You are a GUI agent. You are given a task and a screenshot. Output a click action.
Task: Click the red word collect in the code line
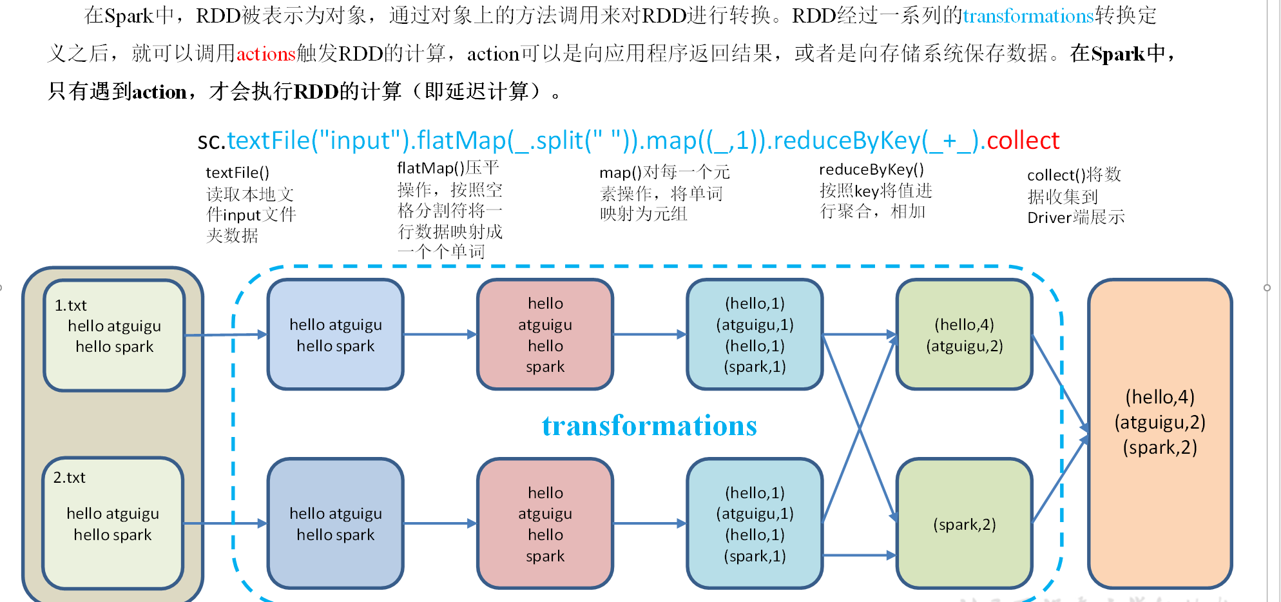point(1023,141)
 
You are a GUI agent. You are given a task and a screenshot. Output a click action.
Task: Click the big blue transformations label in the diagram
point(649,426)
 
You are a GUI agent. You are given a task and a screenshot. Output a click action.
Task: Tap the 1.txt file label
point(70,306)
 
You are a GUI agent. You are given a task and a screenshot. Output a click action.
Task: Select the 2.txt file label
point(69,478)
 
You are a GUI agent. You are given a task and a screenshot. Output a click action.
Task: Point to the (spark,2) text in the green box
point(964,525)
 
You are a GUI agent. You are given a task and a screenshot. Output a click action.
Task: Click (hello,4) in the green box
point(964,325)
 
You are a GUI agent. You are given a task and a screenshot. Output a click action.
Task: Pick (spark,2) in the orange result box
point(1159,447)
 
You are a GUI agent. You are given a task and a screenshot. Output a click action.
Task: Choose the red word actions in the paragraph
point(265,53)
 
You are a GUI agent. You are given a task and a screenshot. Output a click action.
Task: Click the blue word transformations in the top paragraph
point(1028,15)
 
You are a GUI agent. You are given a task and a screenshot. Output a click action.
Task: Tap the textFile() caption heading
point(237,173)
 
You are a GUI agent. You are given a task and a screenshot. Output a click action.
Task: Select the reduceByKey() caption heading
point(871,170)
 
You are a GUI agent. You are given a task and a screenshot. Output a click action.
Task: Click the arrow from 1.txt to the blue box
point(226,335)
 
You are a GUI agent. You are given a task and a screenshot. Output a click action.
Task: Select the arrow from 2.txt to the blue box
point(226,523)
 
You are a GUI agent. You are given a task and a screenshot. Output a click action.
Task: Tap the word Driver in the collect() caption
point(1048,218)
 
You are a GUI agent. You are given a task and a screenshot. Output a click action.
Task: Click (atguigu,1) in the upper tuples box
point(755,325)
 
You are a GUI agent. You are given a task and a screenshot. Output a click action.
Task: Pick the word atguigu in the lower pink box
point(545,514)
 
